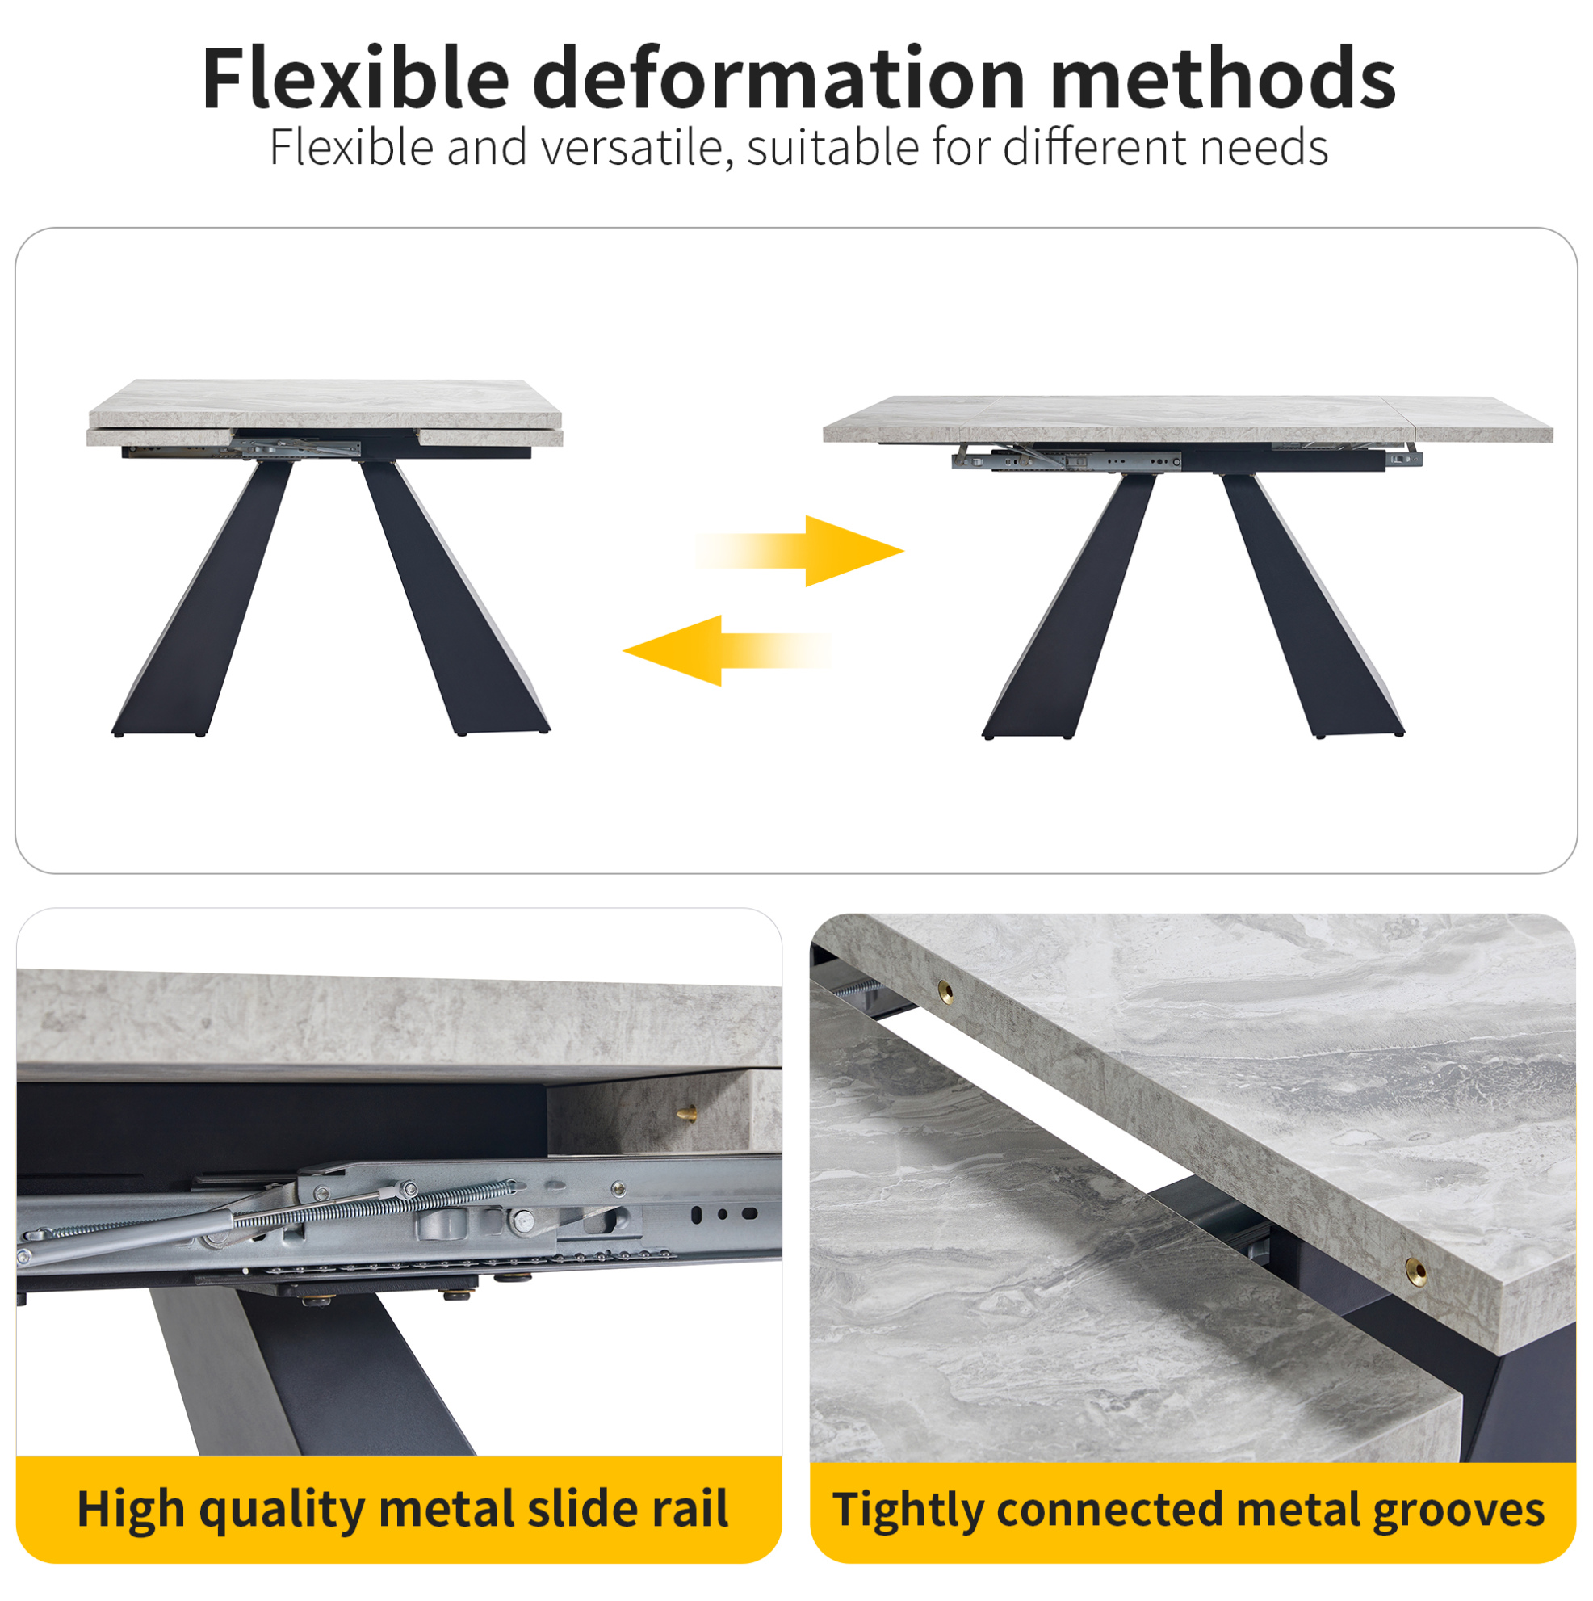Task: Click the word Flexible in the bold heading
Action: [355, 78]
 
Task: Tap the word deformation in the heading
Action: [779, 78]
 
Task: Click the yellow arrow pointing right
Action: [799, 551]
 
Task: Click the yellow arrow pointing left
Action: [727, 650]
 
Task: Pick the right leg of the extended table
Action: [1312, 606]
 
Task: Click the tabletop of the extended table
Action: [1187, 418]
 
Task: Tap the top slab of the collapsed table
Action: [325, 404]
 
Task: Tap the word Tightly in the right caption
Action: [908, 1510]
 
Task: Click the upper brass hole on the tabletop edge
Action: [945, 990]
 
